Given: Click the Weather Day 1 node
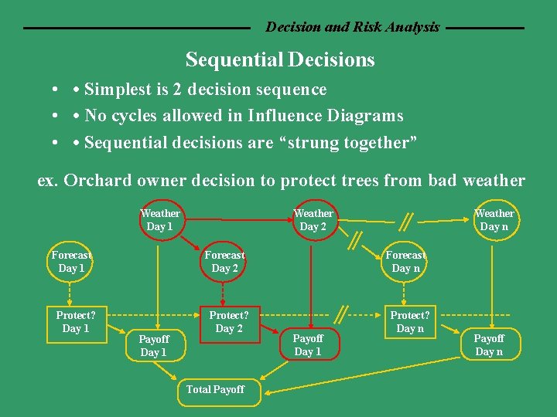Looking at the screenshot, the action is tap(160, 220).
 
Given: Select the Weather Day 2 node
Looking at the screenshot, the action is tap(313, 220).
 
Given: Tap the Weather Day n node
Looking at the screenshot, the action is tap(494, 220).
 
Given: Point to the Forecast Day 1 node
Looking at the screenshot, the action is tap(71, 262).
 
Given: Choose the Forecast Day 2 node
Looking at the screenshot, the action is tap(224, 262).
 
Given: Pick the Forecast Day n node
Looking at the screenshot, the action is tap(405, 262).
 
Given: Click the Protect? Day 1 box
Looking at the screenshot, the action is tap(75, 322).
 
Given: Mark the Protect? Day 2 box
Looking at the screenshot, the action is tap(229, 322).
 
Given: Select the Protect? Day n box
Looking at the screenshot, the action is tap(410, 322).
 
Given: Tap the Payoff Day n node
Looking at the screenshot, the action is tap(489, 345).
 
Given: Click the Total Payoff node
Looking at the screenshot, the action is tap(215, 390).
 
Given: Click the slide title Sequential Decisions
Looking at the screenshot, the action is tap(280, 59).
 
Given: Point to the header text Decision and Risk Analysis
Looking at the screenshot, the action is tap(352, 27).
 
